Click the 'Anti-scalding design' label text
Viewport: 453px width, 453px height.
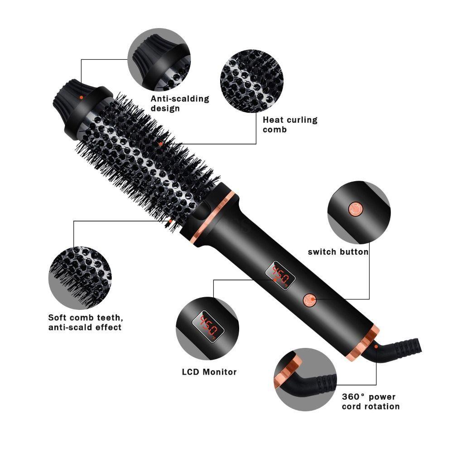pyautogui.click(x=180, y=103)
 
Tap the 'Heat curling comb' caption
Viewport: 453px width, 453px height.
pyautogui.click(x=290, y=125)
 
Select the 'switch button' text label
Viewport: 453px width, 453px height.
pyautogui.click(x=338, y=252)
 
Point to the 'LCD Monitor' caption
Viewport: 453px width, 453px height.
pyautogui.click(x=209, y=372)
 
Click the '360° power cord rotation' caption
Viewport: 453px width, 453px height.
pyautogui.click(x=371, y=401)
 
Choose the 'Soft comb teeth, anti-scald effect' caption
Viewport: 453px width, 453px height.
pyautogui.click(x=85, y=322)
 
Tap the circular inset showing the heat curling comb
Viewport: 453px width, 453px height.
pyautogui.click(x=251, y=81)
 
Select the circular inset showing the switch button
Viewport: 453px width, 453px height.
pyautogui.click(x=358, y=212)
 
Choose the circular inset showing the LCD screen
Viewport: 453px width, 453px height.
pyautogui.click(x=207, y=328)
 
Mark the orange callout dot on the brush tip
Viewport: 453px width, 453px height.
pyautogui.click(x=81, y=97)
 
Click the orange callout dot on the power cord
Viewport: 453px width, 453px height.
pyautogui.click(x=376, y=347)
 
